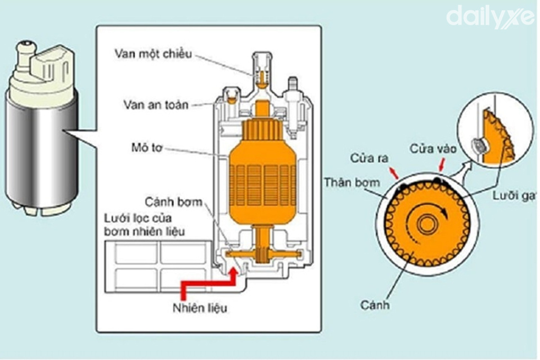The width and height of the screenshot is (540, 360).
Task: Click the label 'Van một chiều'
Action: coord(154,54)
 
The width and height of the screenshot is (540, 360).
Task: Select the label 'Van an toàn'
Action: coord(156,105)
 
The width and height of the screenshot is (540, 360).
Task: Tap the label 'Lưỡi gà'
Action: coord(515,196)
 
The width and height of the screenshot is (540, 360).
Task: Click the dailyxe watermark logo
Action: coord(490,16)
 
